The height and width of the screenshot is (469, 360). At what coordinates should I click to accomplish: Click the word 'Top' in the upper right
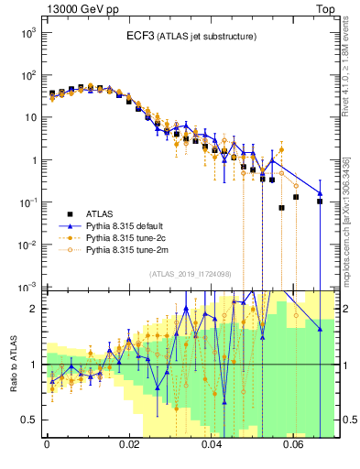pos(326,8)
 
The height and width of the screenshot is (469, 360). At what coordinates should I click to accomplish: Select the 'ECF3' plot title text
pos(144,36)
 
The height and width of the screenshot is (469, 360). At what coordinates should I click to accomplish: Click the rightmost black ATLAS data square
pos(320,202)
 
